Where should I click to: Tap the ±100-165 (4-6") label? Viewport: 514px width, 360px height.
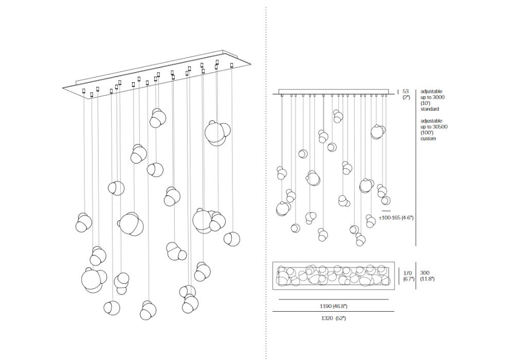click(x=396, y=218)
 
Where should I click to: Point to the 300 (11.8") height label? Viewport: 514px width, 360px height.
click(x=427, y=276)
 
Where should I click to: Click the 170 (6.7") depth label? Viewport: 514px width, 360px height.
click(x=409, y=276)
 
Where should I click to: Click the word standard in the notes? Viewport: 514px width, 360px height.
click(x=430, y=109)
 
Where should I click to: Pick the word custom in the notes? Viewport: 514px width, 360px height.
click(x=428, y=138)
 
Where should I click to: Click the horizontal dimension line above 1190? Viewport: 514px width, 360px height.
click(x=334, y=299)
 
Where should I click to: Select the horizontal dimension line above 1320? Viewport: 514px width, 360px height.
click(x=334, y=312)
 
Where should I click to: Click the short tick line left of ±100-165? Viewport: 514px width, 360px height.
click(x=387, y=211)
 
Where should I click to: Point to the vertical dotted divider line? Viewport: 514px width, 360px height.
click(x=265, y=180)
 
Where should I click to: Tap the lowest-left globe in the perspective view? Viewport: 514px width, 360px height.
click(x=112, y=308)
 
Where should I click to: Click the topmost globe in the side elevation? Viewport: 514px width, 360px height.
click(x=337, y=116)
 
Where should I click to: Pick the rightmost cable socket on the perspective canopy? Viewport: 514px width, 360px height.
click(x=232, y=65)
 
